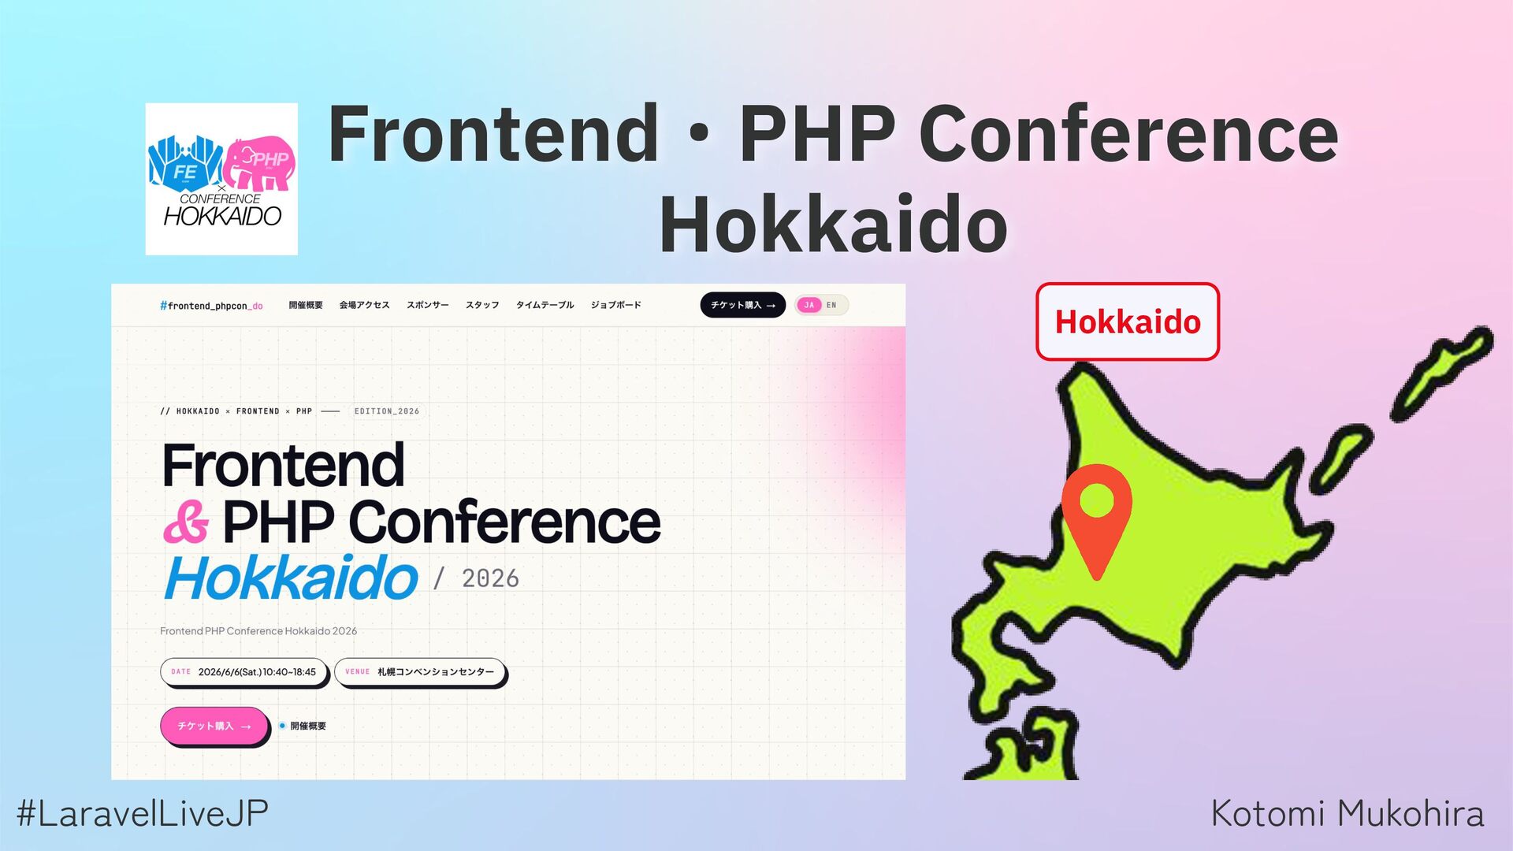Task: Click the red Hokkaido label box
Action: tap(1128, 321)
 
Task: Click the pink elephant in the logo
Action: tap(260, 162)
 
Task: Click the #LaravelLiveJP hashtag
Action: tap(143, 813)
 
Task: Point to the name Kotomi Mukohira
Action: tap(1348, 813)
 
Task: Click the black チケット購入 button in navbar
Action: tap(742, 305)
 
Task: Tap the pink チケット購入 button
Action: tap(214, 726)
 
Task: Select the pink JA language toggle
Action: tap(809, 305)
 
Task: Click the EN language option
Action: tap(831, 305)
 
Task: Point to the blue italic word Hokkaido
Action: tap(291, 578)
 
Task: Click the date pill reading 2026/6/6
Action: tap(243, 672)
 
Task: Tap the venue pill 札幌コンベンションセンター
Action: tap(420, 672)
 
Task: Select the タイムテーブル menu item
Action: tap(545, 305)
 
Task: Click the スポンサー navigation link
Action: tap(428, 305)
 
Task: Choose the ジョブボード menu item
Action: tap(616, 305)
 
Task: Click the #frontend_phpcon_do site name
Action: tap(211, 306)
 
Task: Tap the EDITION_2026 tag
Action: tap(387, 411)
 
